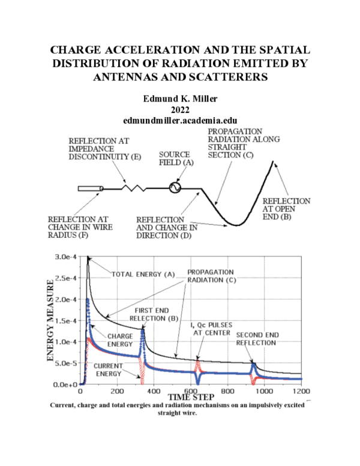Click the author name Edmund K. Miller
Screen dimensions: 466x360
point(180,98)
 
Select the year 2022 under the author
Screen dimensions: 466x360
point(180,109)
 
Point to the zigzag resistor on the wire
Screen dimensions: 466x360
point(134,188)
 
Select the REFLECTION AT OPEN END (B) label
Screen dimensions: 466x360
point(286,208)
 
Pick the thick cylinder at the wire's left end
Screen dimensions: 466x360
point(89,189)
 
